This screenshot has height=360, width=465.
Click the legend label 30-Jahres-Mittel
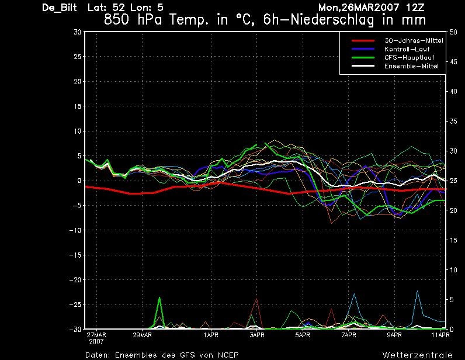414,41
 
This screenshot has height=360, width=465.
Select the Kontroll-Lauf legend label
407,49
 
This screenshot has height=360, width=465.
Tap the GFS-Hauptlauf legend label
410,58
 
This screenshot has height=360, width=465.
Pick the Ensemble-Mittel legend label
411,66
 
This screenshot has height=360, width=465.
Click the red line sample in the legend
363,41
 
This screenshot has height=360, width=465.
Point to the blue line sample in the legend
363,49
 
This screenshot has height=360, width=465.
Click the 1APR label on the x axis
211,335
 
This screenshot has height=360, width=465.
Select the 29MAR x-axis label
143,335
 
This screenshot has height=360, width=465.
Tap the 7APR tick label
348,335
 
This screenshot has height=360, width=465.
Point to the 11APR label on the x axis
440,335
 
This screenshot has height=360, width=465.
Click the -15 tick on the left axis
75,255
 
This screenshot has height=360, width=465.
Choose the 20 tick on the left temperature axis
77,81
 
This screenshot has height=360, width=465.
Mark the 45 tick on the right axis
453,62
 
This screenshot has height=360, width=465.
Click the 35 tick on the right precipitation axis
453,122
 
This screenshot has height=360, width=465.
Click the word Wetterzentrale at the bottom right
417,355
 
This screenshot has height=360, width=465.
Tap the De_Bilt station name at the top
60,8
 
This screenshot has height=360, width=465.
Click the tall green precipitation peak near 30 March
159,297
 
